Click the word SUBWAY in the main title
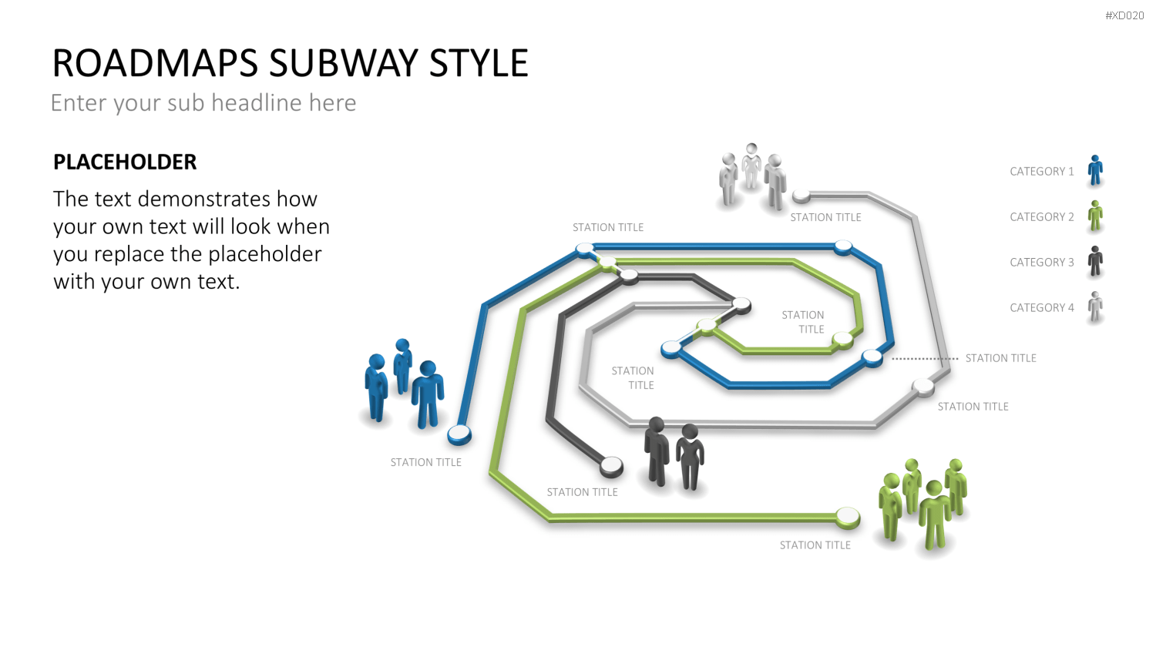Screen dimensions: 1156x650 click(x=344, y=63)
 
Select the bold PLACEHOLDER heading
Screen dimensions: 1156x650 click(x=125, y=162)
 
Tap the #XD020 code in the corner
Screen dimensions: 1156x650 click(x=1124, y=15)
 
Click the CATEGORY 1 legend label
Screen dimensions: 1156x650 click(x=1041, y=171)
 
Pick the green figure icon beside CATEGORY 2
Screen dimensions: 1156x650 click(x=1095, y=216)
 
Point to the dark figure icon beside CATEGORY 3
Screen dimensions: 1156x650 click(x=1095, y=261)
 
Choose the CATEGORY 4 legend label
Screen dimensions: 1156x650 click(x=1041, y=307)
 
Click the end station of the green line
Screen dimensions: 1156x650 click(x=848, y=517)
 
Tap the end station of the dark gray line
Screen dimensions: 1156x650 click(x=612, y=467)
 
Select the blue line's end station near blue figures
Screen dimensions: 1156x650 click(x=459, y=434)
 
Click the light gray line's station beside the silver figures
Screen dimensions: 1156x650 click(x=801, y=196)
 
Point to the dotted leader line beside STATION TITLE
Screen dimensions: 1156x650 click(x=925, y=359)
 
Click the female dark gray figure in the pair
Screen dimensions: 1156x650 click(x=691, y=457)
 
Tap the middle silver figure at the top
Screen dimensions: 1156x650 click(x=751, y=166)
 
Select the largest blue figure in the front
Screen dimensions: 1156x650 click(x=427, y=394)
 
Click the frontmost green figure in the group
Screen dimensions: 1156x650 click(x=935, y=515)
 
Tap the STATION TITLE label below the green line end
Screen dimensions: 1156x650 click(x=815, y=545)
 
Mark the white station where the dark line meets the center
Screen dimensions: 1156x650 click(x=741, y=305)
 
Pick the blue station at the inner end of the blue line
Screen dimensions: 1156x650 click(x=671, y=348)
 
